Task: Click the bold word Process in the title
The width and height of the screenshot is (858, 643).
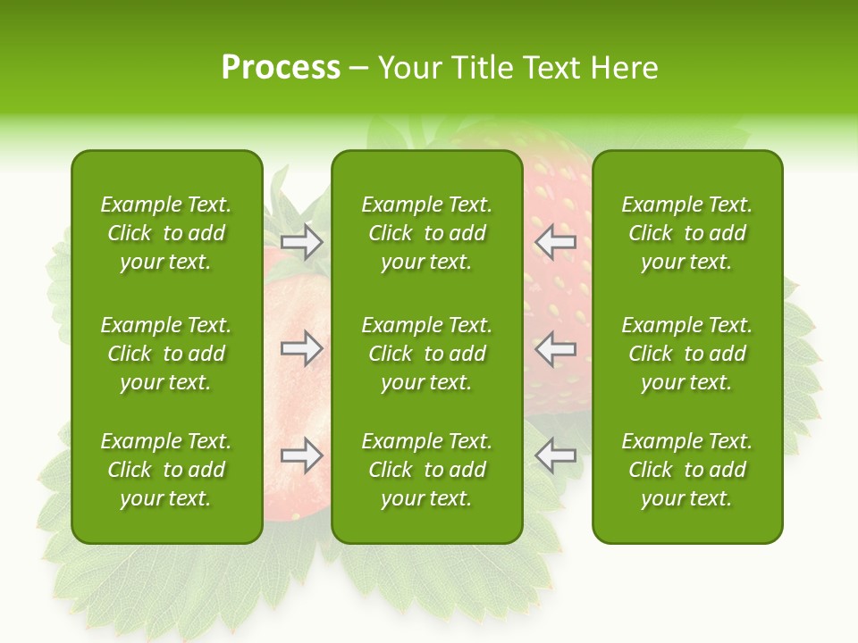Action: [281, 68]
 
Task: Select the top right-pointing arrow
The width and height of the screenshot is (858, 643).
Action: [302, 241]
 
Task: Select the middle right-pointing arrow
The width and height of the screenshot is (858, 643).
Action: [302, 348]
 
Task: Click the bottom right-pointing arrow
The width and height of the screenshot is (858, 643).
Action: [302, 455]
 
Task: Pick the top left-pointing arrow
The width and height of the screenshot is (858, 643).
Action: [555, 241]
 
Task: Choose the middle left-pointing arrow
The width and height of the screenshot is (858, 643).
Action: [555, 348]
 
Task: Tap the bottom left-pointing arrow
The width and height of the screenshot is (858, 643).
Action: [555, 455]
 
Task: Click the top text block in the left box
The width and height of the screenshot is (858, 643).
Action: [166, 233]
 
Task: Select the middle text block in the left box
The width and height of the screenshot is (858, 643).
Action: [166, 354]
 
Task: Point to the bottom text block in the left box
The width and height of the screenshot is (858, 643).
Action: [166, 470]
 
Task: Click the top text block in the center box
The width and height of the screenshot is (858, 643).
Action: [426, 233]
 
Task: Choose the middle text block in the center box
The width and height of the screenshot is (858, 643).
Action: [426, 354]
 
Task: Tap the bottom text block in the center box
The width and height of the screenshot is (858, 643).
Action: [426, 470]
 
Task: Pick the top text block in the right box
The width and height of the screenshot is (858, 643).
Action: [686, 233]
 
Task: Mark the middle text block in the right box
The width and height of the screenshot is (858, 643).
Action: [686, 354]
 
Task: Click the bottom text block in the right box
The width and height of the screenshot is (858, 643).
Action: [686, 470]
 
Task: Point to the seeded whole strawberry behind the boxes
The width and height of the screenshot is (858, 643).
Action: [558, 295]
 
